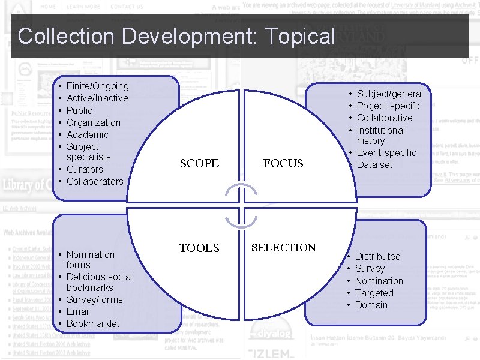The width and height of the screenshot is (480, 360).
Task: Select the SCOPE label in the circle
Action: (199, 163)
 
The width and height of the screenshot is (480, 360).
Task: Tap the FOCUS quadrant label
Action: (283, 163)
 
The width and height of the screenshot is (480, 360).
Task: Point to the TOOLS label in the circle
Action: (199, 248)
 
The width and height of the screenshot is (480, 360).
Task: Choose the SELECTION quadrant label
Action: (283, 247)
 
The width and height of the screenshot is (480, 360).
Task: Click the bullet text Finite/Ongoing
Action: (97, 86)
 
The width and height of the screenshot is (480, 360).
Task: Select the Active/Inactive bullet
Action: (97, 98)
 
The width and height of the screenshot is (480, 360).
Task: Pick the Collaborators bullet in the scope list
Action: (95, 181)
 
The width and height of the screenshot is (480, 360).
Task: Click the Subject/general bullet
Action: (389, 94)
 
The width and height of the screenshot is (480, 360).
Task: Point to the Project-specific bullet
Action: (389, 106)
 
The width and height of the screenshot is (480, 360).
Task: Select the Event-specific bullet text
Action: (386, 152)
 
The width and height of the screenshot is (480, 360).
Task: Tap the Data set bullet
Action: (374, 164)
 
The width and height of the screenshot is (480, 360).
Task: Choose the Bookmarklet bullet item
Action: (93, 323)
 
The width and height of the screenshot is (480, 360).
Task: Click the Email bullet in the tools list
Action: (78, 311)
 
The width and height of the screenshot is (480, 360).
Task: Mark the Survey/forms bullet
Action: (94, 299)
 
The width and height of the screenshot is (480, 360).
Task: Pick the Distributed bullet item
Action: (377, 256)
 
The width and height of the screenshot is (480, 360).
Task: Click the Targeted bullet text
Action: (374, 293)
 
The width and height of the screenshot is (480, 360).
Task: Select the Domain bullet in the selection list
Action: (371, 305)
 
